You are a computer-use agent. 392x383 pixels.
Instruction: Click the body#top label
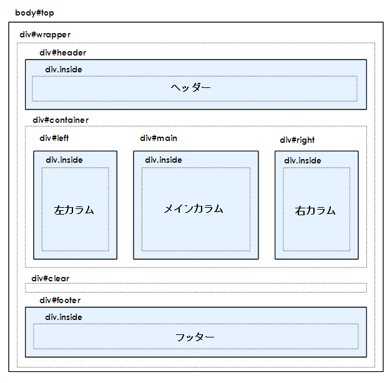click(34, 12)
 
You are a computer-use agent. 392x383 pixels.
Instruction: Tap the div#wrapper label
click(45, 35)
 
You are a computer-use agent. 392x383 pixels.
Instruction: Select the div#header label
click(63, 53)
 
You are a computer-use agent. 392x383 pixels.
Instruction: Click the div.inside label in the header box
click(64, 69)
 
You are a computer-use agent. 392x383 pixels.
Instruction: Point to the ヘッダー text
click(191, 88)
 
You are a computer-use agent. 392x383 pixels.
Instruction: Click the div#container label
click(61, 120)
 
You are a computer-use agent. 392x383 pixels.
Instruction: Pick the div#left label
click(54, 138)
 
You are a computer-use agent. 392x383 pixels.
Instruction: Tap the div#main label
click(159, 138)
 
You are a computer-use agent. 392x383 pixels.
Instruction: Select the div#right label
click(297, 140)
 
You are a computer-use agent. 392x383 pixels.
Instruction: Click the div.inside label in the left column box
click(64, 160)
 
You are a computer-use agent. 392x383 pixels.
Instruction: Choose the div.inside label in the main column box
click(164, 160)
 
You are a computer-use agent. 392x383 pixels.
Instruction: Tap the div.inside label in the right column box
click(303, 160)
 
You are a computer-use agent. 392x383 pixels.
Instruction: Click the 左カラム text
click(74, 210)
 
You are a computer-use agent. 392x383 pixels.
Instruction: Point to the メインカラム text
click(194, 209)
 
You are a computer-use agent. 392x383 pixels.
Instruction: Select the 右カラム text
click(315, 211)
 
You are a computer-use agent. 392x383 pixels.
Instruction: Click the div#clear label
click(51, 279)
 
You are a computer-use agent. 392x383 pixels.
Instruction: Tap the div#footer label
click(60, 300)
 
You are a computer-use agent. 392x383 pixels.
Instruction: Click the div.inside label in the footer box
click(64, 317)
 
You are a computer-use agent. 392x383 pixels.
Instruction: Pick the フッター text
click(195, 337)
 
